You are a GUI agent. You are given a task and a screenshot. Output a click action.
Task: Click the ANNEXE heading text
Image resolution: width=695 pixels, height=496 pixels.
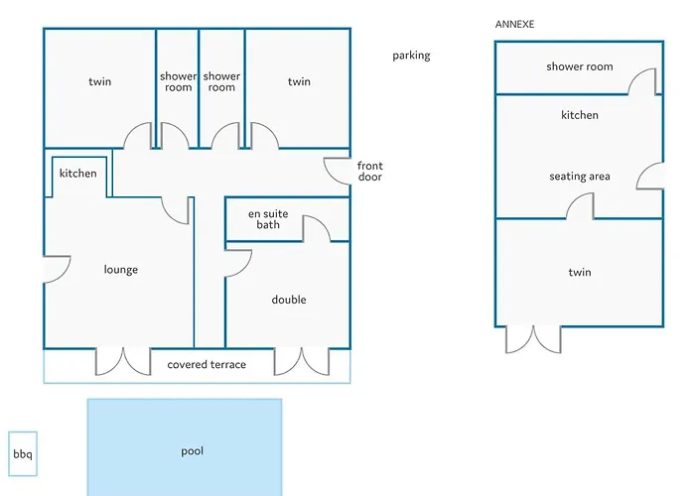tap(514, 25)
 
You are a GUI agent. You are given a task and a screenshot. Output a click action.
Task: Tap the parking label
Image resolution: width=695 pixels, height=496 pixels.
tap(411, 56)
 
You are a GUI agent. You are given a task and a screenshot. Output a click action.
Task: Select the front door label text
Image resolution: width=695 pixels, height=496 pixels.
tap(370, 172)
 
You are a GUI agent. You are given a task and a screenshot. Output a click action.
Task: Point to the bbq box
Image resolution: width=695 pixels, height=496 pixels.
tap(23, 454)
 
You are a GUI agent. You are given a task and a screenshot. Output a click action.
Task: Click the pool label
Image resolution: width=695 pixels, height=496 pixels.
tap(193, 451)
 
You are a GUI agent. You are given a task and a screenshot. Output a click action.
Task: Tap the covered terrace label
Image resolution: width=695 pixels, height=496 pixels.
tap(207, 364)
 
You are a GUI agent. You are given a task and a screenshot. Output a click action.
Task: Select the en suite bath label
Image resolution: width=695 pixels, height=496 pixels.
tap(268, 219)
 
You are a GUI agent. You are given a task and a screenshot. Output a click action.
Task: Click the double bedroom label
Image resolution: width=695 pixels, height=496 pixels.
tap(289, 300)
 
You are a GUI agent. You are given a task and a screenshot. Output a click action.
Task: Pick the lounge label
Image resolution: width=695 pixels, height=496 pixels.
tap(121, 270)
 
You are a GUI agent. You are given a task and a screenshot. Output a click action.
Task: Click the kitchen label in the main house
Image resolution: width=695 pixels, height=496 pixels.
tap(78, 174)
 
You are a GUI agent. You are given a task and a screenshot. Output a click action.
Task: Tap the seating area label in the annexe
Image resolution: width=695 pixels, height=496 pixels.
tap(580, 177)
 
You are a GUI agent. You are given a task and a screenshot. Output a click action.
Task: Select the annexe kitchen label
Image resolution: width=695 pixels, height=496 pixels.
tap(580, 115)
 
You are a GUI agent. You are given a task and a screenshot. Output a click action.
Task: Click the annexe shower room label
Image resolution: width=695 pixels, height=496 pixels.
tap(580, 66)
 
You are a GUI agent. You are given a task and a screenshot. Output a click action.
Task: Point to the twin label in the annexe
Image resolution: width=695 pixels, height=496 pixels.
tap(580, 272)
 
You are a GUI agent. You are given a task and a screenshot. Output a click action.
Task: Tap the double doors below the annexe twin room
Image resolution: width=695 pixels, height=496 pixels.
tap(534, 340)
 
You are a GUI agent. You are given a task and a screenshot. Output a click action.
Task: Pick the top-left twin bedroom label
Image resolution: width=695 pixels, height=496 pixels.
tap(99, 82)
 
